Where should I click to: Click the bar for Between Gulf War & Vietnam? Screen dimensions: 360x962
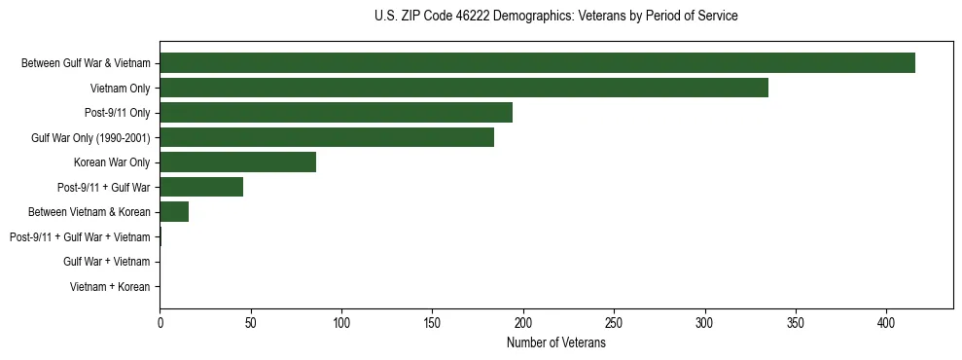(x=537, y=63)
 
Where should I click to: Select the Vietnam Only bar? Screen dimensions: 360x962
(x=464, y=88)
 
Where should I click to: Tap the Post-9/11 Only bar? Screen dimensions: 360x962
(x=336, y=113)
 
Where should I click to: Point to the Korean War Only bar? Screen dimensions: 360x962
(x=237, y=162)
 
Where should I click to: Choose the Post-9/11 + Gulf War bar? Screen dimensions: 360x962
(x=201, y=187)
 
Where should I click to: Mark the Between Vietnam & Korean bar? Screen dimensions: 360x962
(x=174, y=212)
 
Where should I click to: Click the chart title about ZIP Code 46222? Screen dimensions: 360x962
(x=555, y=17)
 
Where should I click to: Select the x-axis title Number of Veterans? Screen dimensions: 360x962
(x=555, y=343)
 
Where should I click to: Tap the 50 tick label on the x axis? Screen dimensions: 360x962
(x=251, y=323)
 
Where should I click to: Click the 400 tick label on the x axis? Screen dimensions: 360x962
(x=886, y=323)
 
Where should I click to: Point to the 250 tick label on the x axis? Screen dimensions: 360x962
(x=614, y=323)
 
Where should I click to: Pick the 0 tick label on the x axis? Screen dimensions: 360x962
(x=160, y=323)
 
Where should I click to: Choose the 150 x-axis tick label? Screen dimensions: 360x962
(x=432, y=323)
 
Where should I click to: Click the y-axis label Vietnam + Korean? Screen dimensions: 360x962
(x=110, y=287)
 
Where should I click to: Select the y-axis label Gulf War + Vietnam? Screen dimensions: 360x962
(x=107, y=262)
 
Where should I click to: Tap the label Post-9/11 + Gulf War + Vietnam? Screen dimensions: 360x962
(x=80, y=237)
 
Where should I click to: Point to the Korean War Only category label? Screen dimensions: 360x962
(x=112, y=162)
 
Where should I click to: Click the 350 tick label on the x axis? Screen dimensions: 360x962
(x=796, y=323)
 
